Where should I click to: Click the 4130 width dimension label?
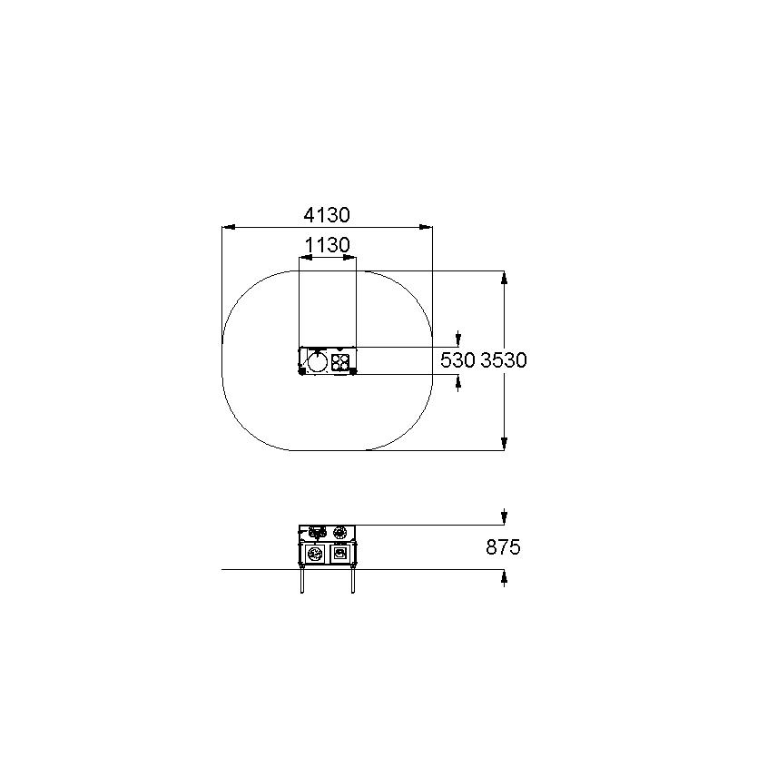point(327,215)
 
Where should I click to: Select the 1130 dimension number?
point(328,245)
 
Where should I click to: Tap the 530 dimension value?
point(457,360)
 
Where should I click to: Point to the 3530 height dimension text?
point(504,360)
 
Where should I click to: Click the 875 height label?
point(503,547)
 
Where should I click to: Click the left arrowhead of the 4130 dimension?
point(229,226)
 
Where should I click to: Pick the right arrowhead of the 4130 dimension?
point(426,226)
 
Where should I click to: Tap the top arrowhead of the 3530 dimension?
point(504,278)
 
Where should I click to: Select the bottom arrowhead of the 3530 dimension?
point(504,444)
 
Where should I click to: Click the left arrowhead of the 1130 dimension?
point(306,258)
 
